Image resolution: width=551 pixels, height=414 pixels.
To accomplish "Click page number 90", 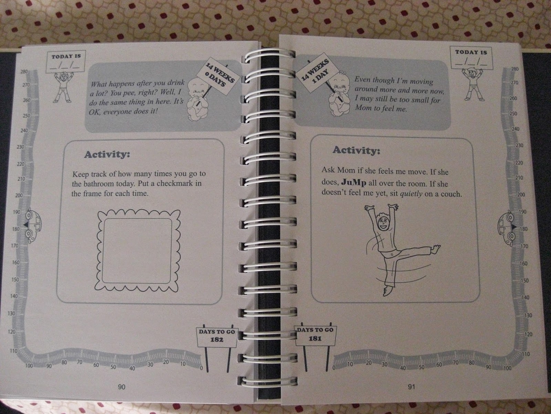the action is [x=122, y=387].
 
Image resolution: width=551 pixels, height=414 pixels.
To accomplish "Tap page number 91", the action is [x=412, y=387].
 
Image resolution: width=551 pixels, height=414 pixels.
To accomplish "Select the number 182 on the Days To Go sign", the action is [x=217, y=339].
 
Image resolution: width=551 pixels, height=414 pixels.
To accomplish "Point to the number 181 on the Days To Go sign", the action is [x=315, y=338].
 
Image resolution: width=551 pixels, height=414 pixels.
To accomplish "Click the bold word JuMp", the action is [x=353, y=183].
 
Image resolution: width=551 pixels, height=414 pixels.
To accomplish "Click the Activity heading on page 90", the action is [x=107, y=154].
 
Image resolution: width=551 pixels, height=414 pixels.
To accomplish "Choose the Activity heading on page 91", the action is [x=356, y=150].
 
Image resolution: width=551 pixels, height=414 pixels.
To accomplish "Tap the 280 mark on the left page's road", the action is [x=24, y=72].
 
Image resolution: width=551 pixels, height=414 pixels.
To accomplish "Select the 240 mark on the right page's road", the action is [x=515, y=129].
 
